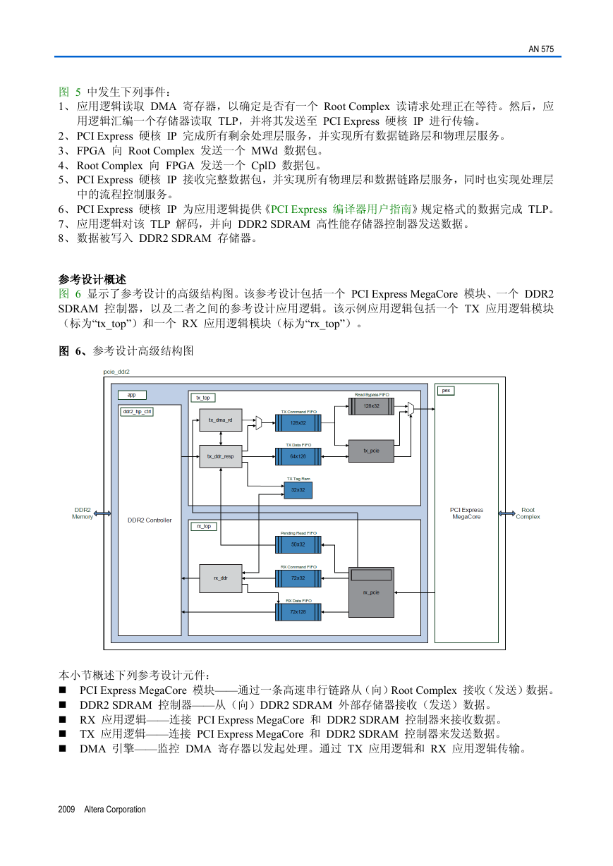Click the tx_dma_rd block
click(x=221, y=420)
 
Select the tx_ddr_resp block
click(x=221, y=456)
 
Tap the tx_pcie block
click(x=371, y=451)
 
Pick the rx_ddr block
click(x=221, y=578)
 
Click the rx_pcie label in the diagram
click(x=371, y=592)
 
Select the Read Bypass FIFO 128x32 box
click(x=371, y=406)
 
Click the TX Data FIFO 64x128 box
click(x=298, y=456)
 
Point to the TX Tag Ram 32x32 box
click(x=298, y=490)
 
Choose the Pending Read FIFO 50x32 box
click(x=298, y=544)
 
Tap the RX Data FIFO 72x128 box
click(x=298, y=611)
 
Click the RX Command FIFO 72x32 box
click(x=298, y=578)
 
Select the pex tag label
click(x=446, y=391)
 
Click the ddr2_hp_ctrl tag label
click(x=138, y=412)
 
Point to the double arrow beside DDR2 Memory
click(x=102, y=513)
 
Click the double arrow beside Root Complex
click(x=507, y=513)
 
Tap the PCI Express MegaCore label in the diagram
click(x=466, y=513)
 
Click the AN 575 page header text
click(x=541, y=49)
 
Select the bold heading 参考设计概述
click(x=92, y=279)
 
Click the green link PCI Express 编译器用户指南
click(x=341, y=209)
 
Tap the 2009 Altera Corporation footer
click(x=102, y=809)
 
